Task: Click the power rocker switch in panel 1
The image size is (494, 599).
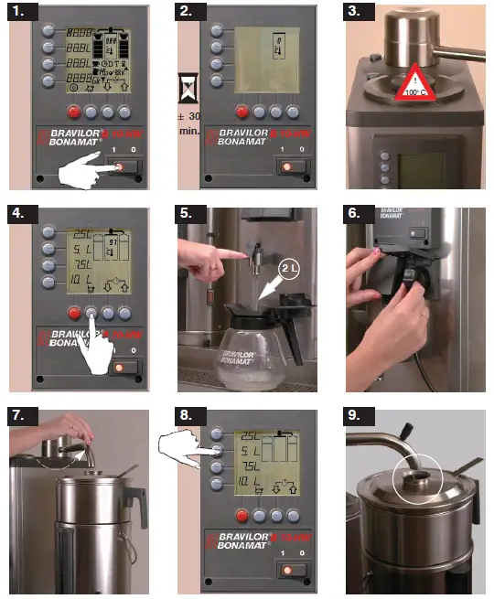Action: tap(121, 166)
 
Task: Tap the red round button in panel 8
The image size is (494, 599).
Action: tap(242, 513)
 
